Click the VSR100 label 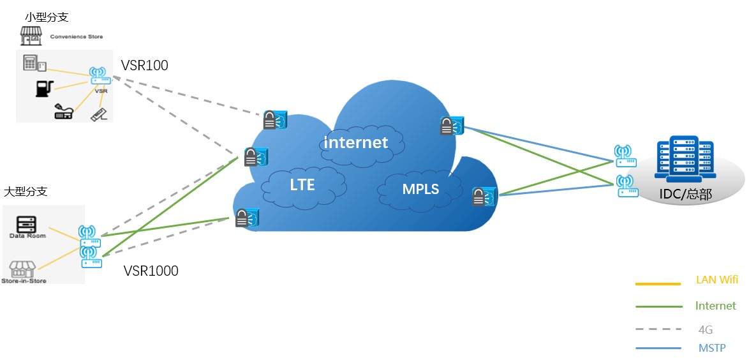coord(145,65)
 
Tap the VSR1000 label coord(151,271)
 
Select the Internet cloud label coord(355,142)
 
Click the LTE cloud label coord(302,185)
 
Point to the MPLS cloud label coord(420,188)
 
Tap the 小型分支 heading coord(47,17)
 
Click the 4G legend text coord(706,330)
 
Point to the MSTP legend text coord(712,348)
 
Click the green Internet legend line coord(658,306)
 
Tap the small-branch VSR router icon coord(100,77)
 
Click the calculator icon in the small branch coord(31,63)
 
